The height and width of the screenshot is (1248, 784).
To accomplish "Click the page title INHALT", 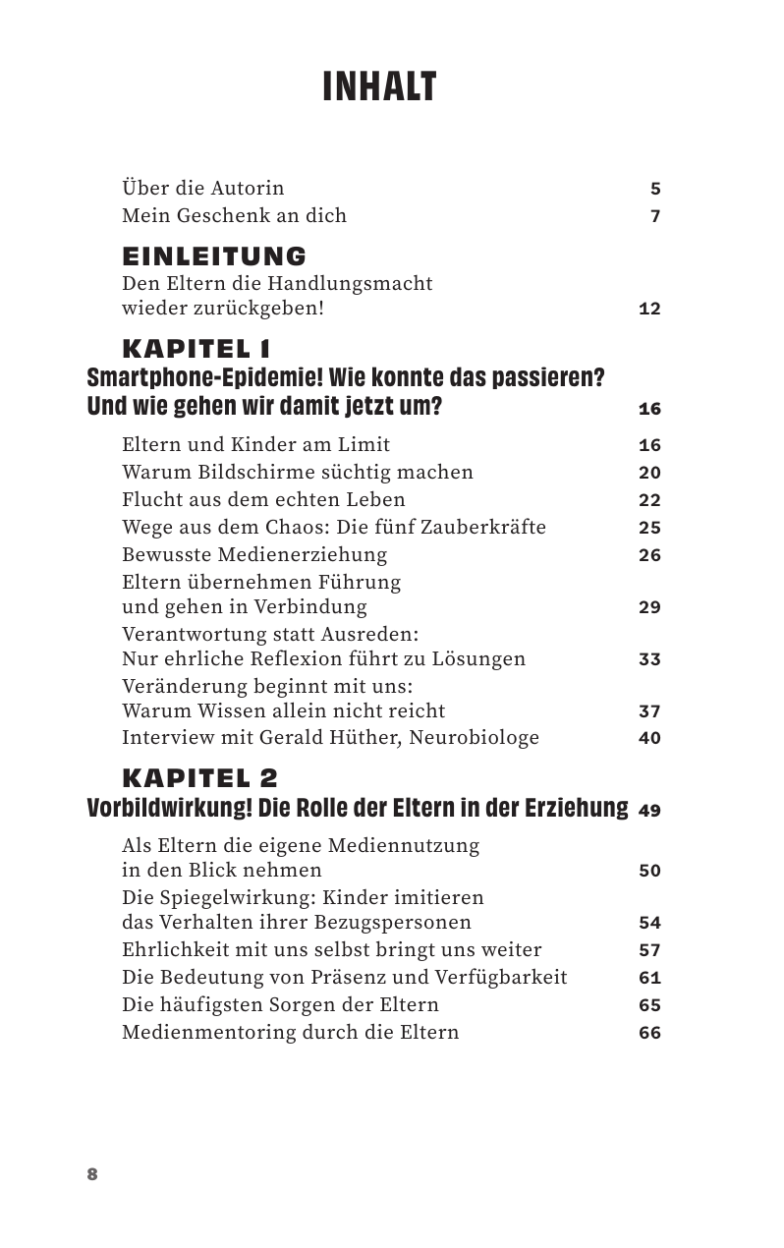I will (x=379, y=87).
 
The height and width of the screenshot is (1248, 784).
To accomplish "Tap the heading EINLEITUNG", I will (x=214, y=256).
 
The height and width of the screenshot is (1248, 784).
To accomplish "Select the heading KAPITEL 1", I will (x=196, y=349).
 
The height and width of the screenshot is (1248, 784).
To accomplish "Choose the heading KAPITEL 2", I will (x=199, y=778).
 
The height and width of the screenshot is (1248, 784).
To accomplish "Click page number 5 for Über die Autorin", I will (x=655, y=189).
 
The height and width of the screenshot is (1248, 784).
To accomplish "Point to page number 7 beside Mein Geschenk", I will (x=655, y=216).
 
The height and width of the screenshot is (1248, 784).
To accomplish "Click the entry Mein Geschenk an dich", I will (x=234, y=215).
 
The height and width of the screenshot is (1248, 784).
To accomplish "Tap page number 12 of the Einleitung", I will (x=649, y=310).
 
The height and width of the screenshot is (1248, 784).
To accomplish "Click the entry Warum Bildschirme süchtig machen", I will (x=297, y=473).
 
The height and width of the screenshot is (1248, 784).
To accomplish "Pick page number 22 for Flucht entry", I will (x=649, y=500).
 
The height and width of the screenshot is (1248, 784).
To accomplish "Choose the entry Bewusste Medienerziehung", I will (x=254, y=555).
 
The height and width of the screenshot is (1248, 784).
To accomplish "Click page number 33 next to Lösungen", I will (x=649, y=659).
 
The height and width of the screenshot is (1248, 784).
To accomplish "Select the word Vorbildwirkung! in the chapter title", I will (x=169, y=808).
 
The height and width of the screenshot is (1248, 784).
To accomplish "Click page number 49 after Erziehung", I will (x=649, y=812).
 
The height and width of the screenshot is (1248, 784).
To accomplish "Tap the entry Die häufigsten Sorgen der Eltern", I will (x=280, y=1005).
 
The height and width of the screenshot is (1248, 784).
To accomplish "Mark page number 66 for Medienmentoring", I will (x=649, y=1033).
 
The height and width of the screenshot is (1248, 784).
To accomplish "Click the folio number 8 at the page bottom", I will (x=92, y=1174).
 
